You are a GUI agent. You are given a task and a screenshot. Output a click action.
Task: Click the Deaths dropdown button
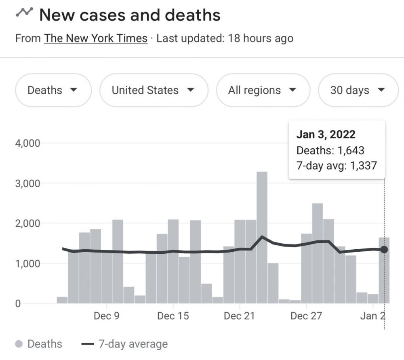click(53, 90)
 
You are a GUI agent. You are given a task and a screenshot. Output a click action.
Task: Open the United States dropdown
click(154, 90)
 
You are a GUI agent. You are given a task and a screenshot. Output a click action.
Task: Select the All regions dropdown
click(263, 90)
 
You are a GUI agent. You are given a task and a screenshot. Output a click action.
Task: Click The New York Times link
click(96, 38)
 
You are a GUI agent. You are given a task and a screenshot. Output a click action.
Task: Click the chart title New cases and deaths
click(130, 15)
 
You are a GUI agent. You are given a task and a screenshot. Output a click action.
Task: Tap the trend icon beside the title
click(24, 13)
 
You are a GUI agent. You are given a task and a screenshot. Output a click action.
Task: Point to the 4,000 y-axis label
click(28, 143)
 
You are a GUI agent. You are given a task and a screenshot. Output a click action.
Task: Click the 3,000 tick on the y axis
click(28, 183)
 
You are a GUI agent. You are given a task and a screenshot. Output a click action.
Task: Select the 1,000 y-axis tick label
click(28, 264)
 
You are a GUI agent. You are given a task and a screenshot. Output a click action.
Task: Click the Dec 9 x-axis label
click(106, 316)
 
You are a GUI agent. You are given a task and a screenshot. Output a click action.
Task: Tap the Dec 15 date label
click(173, 316)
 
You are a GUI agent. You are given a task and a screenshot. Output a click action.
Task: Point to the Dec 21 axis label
click(240, 316)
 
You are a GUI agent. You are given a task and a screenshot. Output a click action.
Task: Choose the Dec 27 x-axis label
click(306, 316)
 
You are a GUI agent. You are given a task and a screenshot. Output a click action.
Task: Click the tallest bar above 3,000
click(262, 234)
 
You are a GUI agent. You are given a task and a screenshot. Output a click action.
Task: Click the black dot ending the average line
click(384, 250)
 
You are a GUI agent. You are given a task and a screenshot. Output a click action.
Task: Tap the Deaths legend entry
click(39, 344)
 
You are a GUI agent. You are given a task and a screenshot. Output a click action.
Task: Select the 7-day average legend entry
click(125, 344)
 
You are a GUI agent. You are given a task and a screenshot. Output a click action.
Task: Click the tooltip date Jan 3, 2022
click(326, 135)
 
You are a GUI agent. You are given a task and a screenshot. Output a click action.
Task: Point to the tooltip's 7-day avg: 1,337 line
click(336, 165)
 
